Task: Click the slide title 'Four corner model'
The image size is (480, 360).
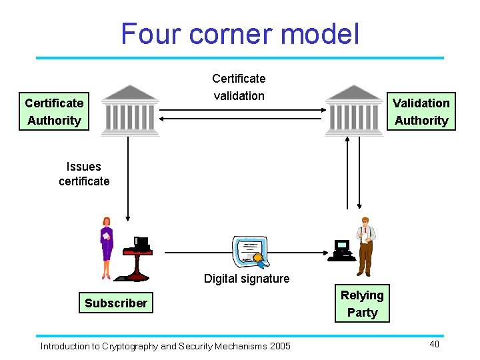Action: (x=239, y=33)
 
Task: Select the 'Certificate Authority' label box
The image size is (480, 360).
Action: (x=54, y=111)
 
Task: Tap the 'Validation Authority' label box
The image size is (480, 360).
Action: (x=421, y=111)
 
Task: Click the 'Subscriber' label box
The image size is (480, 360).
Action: (x=115, y=303)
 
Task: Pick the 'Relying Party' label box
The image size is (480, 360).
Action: (x=362, y=304)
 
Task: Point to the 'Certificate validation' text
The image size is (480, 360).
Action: (x=239, y=87)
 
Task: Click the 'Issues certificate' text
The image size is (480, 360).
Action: (x=84, y=174)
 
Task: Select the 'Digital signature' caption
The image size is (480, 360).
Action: (x=247, y=279)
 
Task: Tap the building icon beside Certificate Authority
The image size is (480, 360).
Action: (x=129, y=110)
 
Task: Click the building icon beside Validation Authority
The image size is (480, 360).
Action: (x=353, y=110)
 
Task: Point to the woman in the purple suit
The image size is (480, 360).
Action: (x=106, y=247)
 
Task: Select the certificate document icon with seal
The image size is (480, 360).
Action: (x=249, y=253)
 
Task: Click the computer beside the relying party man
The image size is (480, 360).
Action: (x=341, y=249)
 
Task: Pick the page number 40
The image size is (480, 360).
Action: (x=434, y=344)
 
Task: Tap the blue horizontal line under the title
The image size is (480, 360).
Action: (x=239, y=58)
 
